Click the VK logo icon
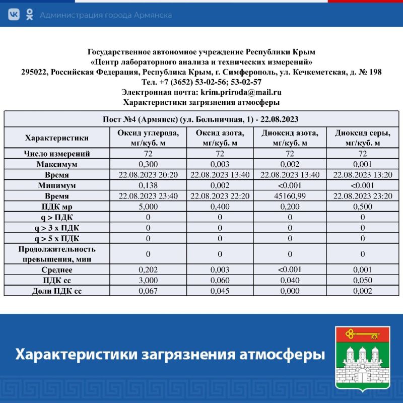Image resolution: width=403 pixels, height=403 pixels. pos(14,15)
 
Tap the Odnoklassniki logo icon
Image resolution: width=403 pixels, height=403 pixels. pos(29,15)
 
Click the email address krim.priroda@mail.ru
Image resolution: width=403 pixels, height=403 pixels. pos(241,92)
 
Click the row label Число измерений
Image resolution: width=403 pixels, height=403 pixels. pos(57,154)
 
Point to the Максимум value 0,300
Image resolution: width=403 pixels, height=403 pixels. pos(148,164)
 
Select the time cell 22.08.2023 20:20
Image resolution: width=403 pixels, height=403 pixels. pos(148,175)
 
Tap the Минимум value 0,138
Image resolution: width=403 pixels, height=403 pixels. pos(148,185)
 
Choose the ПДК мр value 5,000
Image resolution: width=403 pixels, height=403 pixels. pos(148,207)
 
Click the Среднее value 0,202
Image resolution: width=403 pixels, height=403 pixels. pos(148,270)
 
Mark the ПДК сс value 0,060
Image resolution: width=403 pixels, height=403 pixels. pos(220,280)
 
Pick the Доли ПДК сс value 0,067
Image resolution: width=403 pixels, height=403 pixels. pos(148,291)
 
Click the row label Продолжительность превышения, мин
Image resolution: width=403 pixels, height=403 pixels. pos(57,254)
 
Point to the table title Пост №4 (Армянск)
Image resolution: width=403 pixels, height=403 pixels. pos(201,119)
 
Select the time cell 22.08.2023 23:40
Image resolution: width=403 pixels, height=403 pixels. pos(148,196)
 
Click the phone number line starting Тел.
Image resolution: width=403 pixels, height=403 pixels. pos(201,82)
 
